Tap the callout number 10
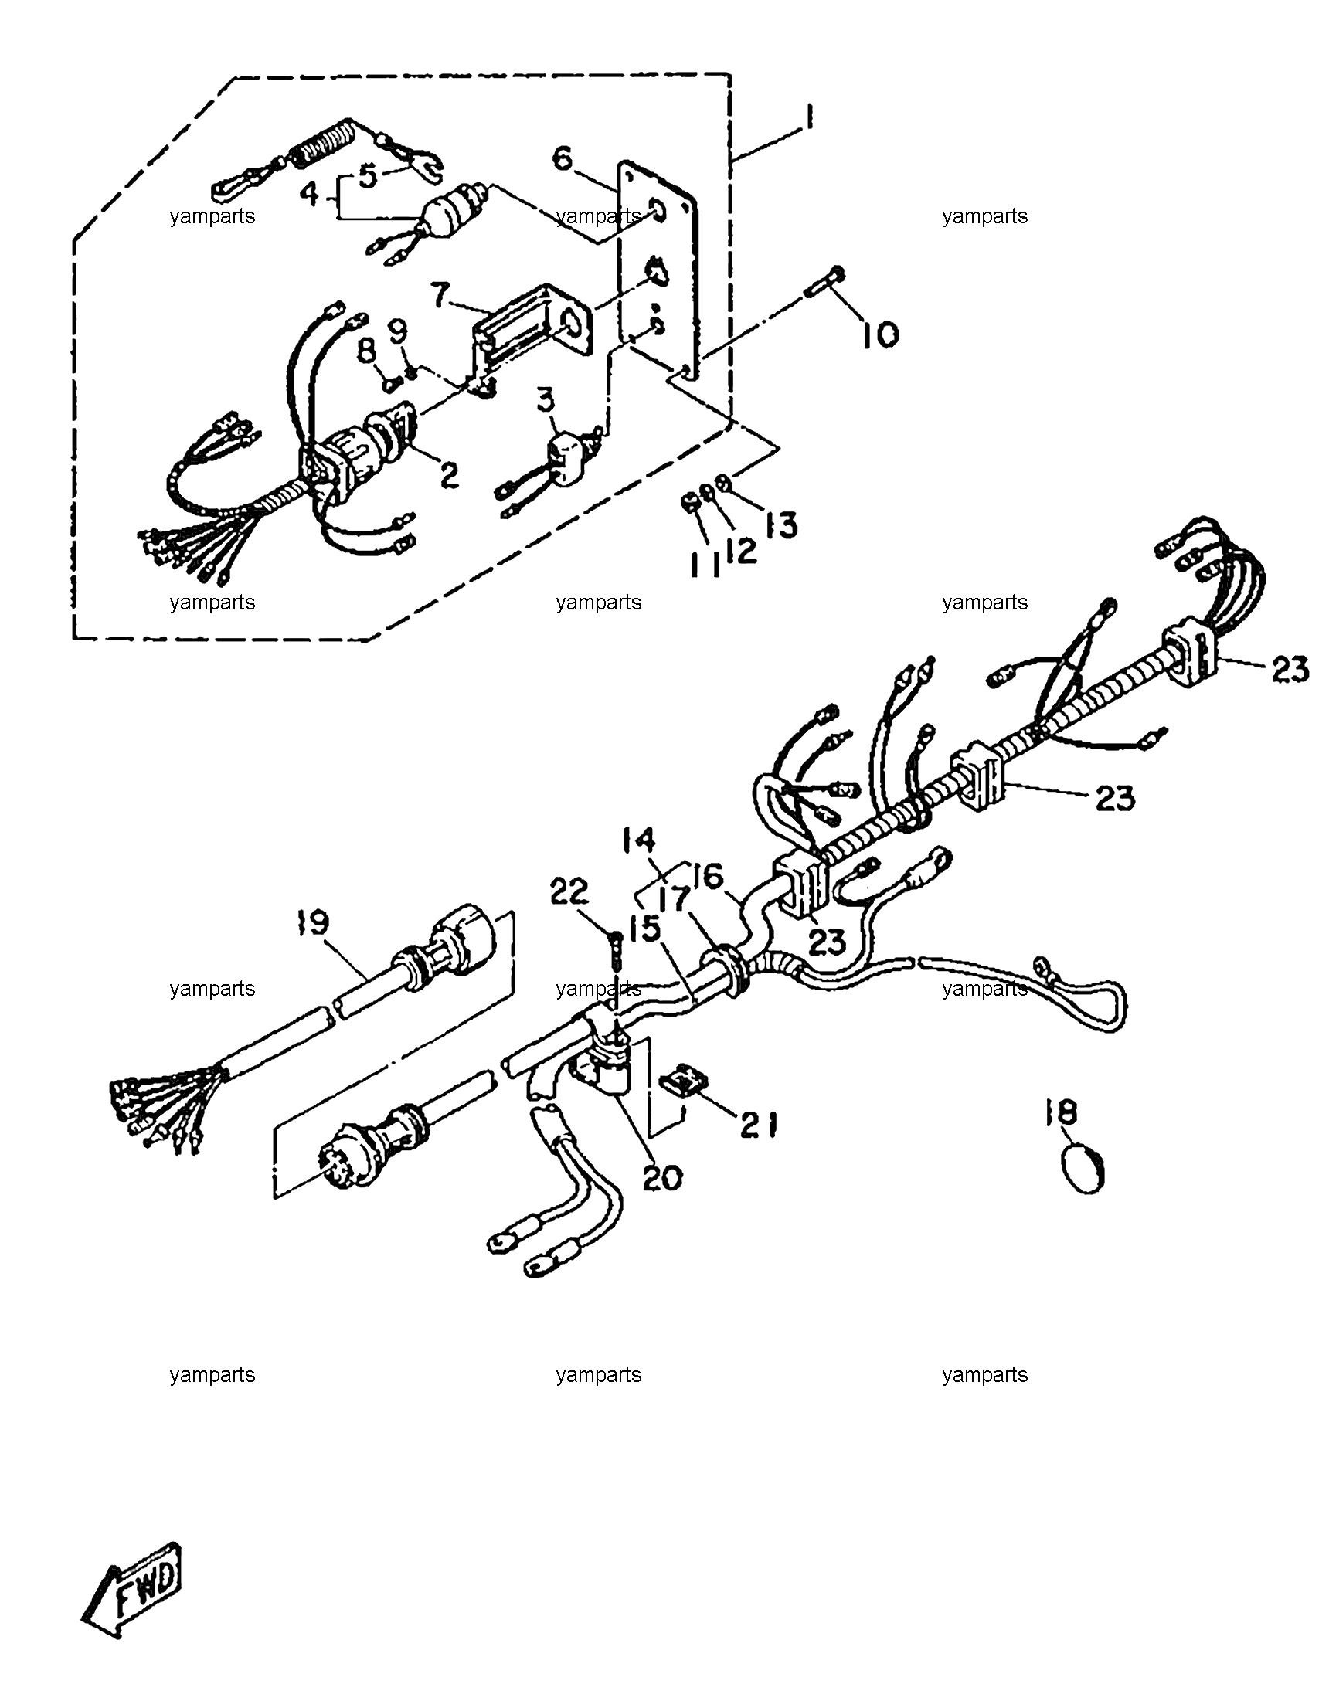879,335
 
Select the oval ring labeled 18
1083,1169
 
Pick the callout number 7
440,297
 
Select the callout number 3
547,403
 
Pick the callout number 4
310,193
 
